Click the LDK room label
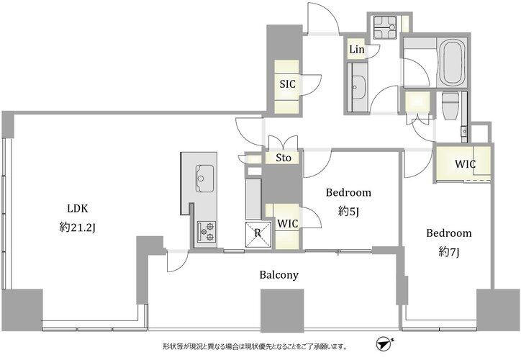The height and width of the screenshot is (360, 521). [x=78, y=208]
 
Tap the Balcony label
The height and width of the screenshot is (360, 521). [x=278, y=275]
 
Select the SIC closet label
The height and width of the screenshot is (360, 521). [x=287, y=84]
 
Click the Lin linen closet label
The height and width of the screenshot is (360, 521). [x=357, y=50]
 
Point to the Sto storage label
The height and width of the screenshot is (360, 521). [x=284, y=158]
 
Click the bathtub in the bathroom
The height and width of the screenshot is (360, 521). [x=453, y=63]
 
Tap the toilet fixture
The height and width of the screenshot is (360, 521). [x=450, y=105]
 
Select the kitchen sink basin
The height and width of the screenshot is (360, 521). [x=204, y=178]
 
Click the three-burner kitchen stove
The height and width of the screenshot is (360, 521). [x=207, y=231]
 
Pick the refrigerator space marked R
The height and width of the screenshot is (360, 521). [x=258, y=234]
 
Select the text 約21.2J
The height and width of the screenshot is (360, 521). [x=78, y=228]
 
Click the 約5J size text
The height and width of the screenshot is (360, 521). [x=348, y=212]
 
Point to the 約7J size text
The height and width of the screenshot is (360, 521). [x=448, y=252]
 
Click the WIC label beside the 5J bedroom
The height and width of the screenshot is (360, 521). [x=288, y=224]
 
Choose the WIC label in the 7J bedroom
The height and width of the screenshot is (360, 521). [x=465, y=164]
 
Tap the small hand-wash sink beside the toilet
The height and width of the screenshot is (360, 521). [x=464, y=131]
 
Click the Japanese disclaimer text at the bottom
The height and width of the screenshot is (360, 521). [x=255, y=347]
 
